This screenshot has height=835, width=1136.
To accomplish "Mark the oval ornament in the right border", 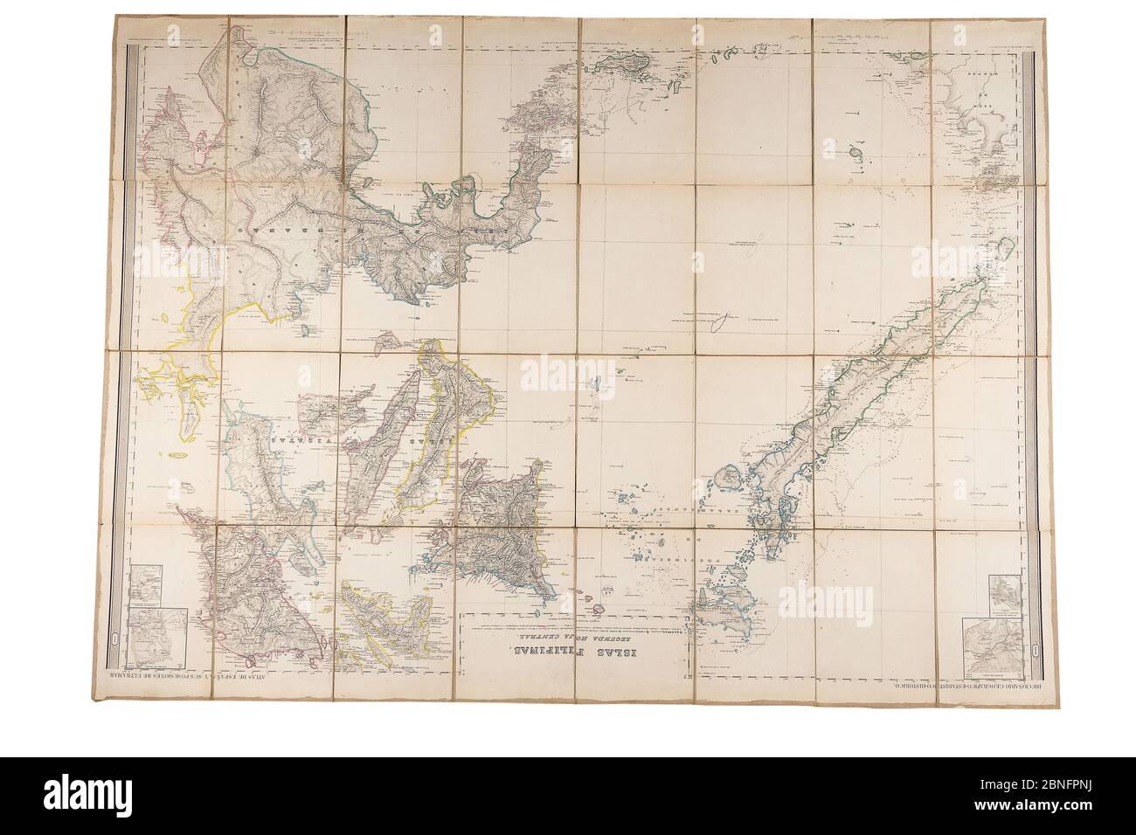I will [x=1034, y=650].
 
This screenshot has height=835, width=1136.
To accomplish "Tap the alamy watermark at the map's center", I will [x=567, y=376].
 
